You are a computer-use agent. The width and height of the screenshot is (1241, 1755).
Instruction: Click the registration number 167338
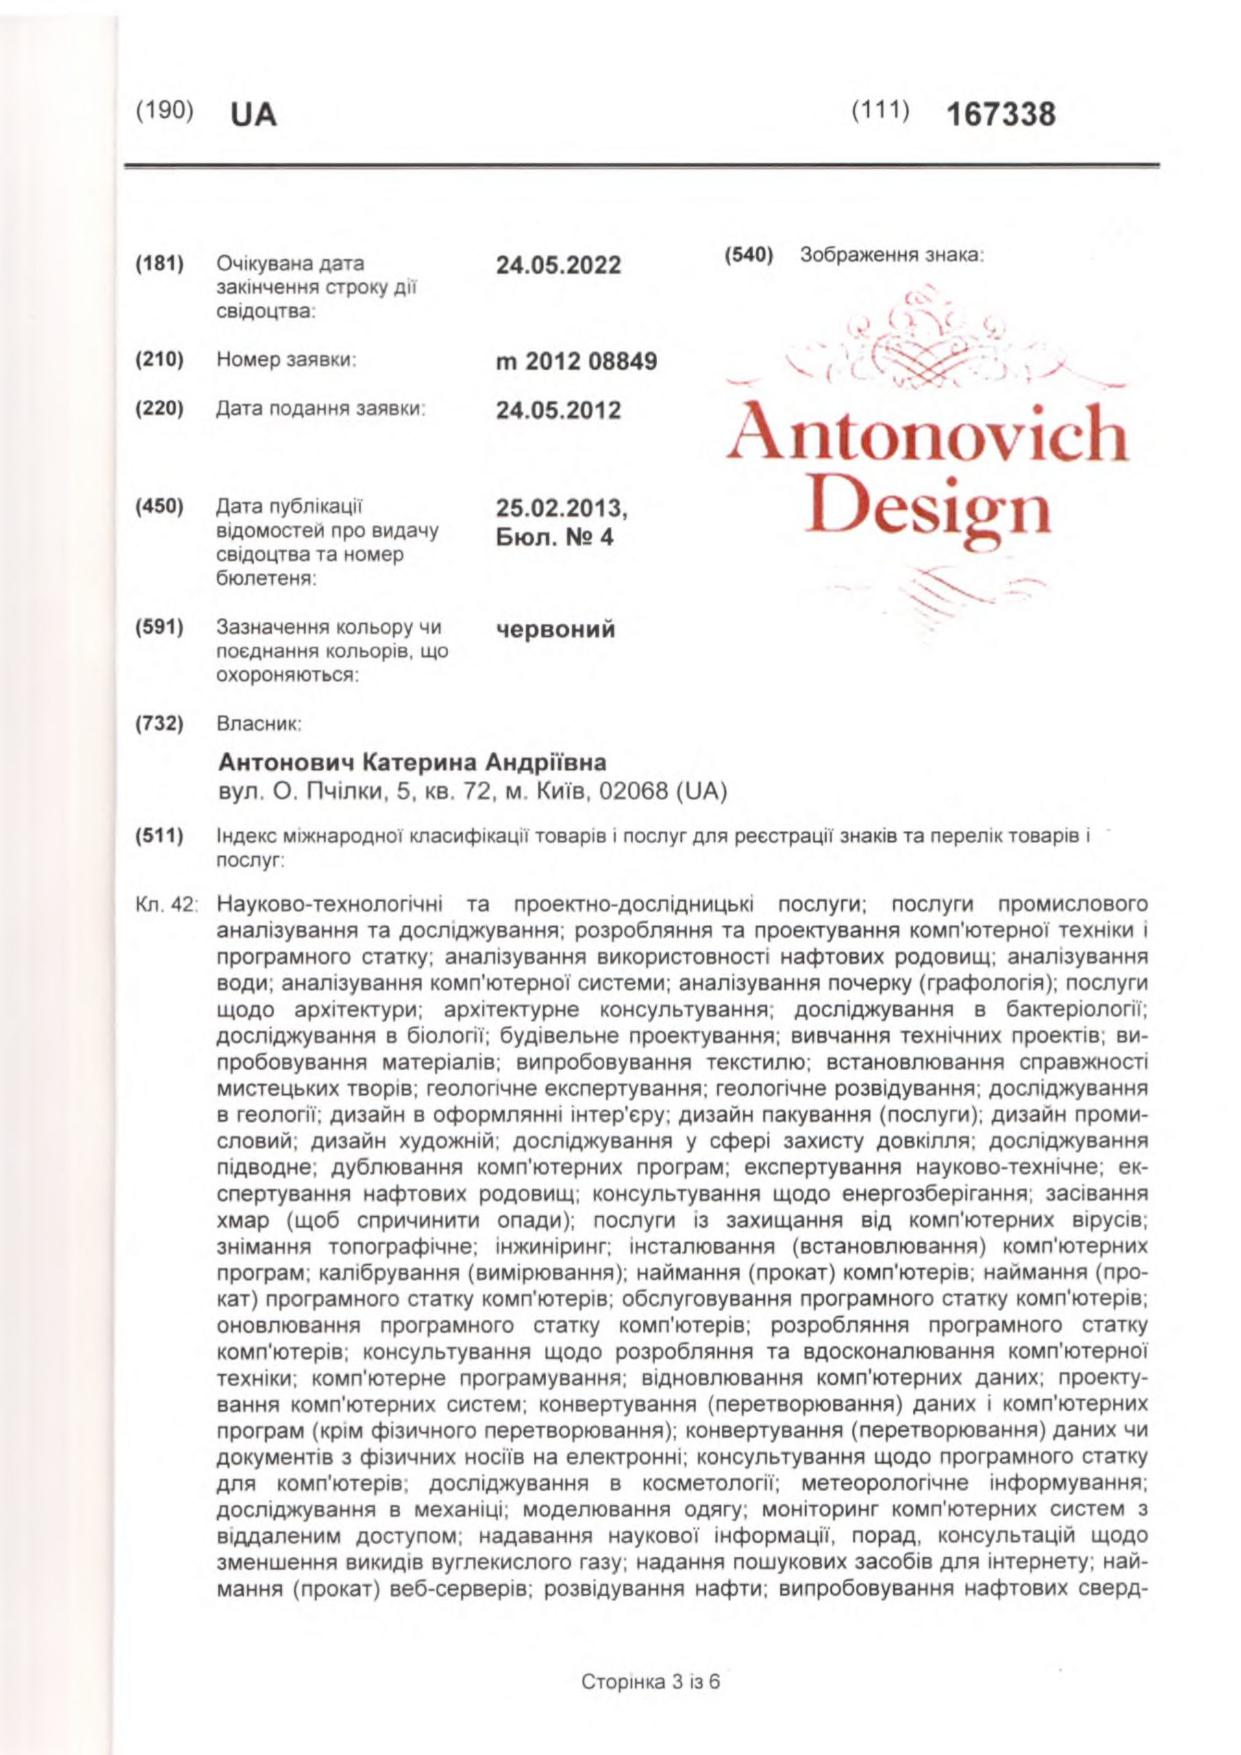click(1000, 115)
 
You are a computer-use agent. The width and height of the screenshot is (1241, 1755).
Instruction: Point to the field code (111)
click(881, 112)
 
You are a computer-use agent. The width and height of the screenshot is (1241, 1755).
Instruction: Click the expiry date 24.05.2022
click(558, 266)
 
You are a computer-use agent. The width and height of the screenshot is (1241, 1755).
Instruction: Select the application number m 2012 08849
click(576, 361)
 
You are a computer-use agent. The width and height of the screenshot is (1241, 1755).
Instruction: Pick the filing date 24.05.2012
click(558, 411)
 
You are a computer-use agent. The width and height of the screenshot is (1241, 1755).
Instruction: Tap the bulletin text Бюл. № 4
click(555, 537)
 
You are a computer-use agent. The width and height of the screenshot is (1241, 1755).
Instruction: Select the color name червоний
click(556, 630)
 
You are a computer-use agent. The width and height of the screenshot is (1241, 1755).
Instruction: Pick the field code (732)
click(160, 723)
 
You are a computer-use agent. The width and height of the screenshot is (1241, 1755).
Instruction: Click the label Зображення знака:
click(891, 256)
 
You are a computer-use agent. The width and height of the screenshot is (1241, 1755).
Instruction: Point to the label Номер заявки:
click(287, 360)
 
